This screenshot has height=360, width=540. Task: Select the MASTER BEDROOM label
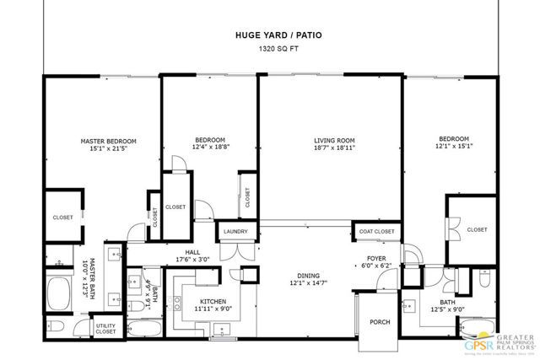108,141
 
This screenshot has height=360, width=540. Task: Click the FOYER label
376,258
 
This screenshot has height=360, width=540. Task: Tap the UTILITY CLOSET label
105,329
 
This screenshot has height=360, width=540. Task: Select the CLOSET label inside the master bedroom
62,217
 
